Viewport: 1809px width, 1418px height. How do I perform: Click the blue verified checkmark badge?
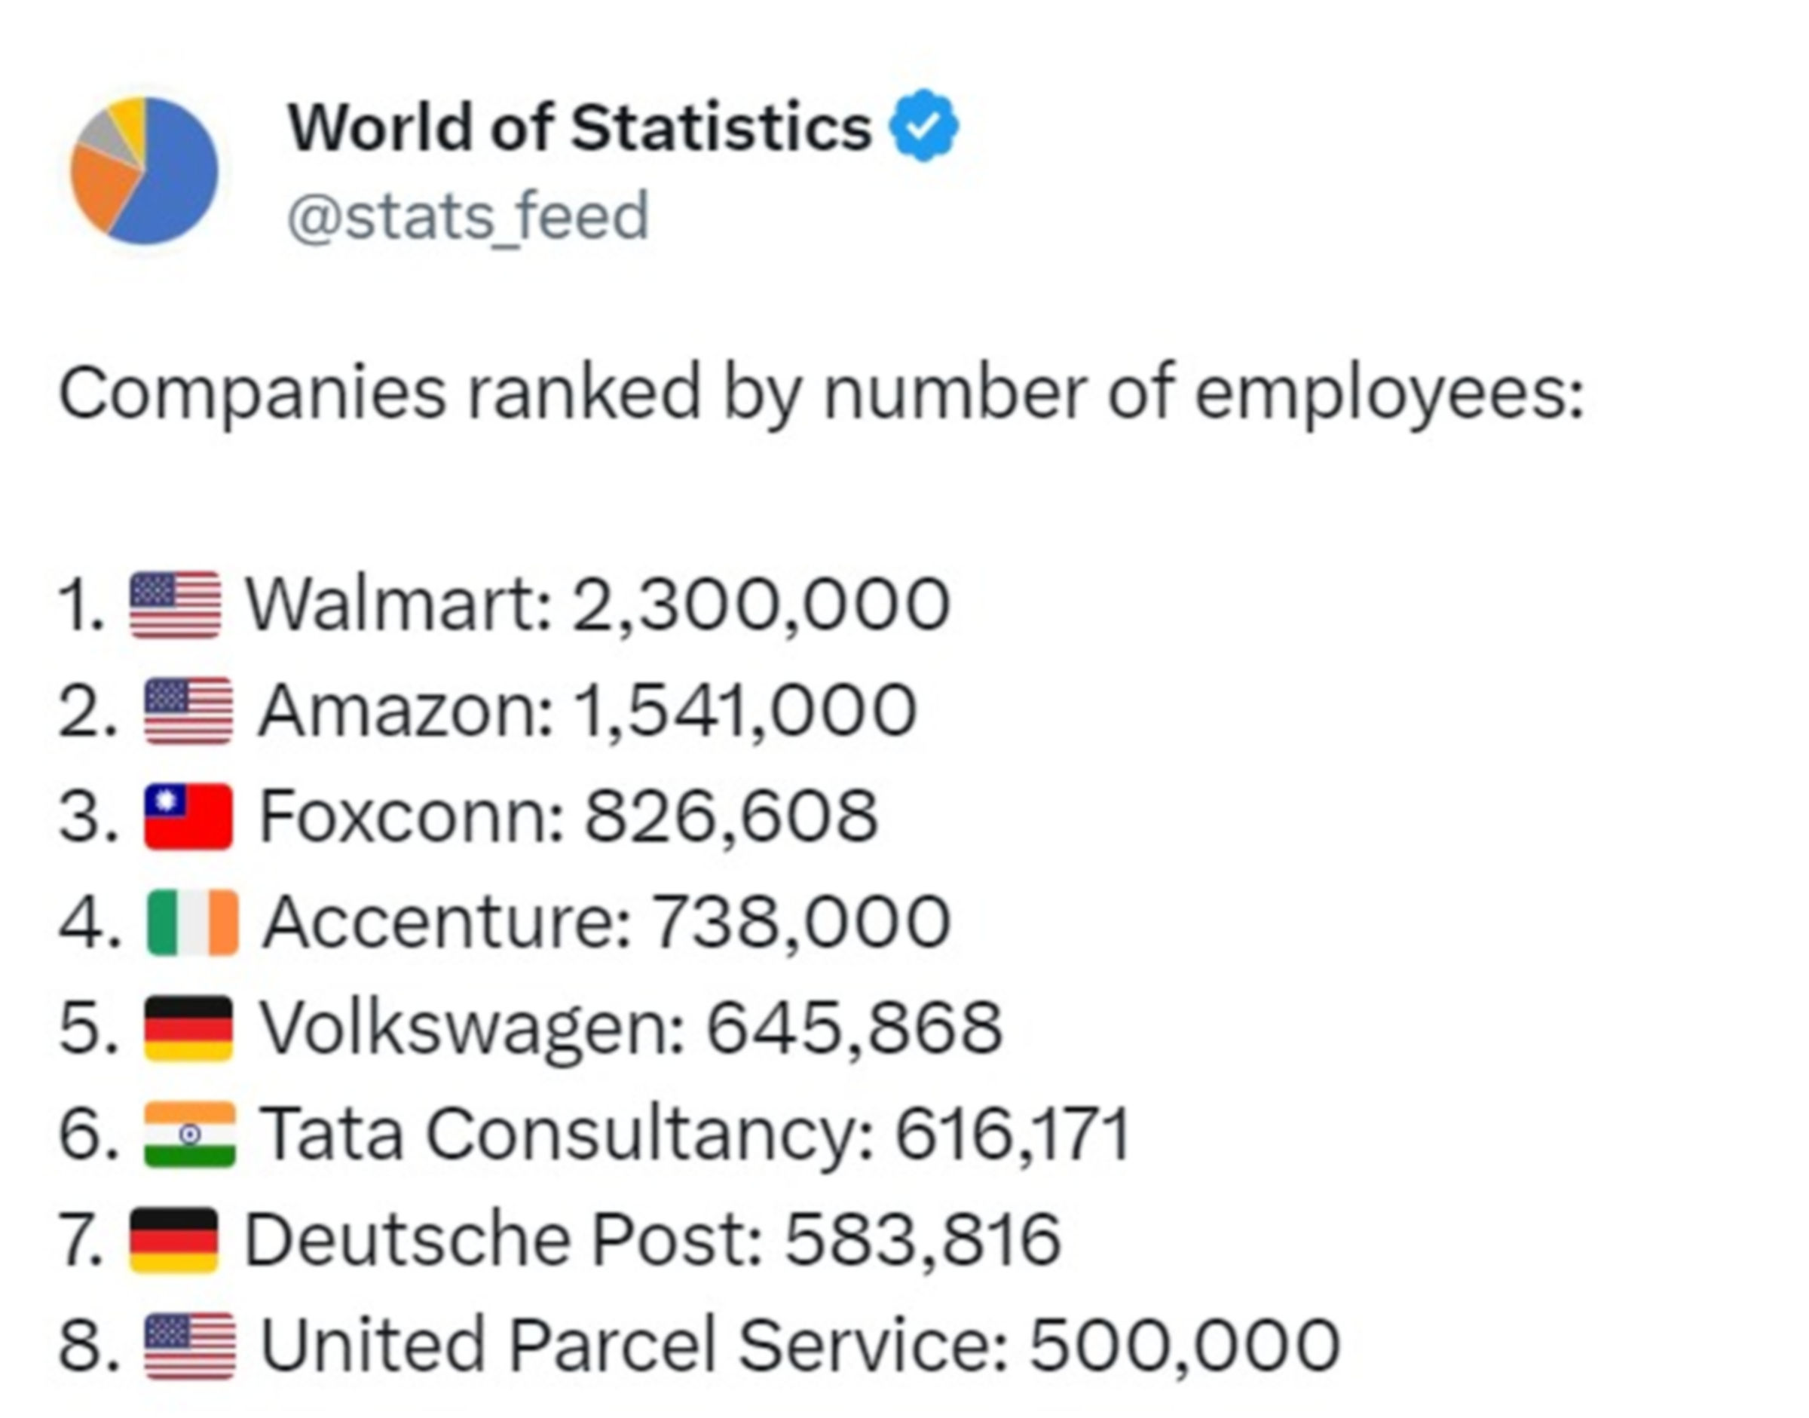click(923, 126)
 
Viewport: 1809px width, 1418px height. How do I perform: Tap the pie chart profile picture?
click(145, 171)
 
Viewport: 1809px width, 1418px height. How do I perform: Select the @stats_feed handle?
click(467, 216)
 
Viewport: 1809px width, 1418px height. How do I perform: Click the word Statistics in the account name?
click(721, 128)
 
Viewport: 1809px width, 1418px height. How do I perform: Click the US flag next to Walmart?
click(175, 605)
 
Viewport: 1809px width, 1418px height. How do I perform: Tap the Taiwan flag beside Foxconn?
click(188, 816)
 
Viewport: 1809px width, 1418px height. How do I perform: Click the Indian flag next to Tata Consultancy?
click(190, 1134)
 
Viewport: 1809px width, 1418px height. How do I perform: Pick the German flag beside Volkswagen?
click(188, 1028)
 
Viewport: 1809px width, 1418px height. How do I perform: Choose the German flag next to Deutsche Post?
click(174, 1239)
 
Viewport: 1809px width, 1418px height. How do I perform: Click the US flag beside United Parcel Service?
click(189, 1346)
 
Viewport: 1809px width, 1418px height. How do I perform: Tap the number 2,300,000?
click(761, 605)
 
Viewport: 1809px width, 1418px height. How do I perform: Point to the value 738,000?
click(800, 923)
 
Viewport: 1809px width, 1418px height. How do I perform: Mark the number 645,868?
click(854, 1028)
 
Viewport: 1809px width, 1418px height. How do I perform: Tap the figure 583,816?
click(923, 1239)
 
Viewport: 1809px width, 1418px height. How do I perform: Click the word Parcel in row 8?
click(611, 1346)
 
